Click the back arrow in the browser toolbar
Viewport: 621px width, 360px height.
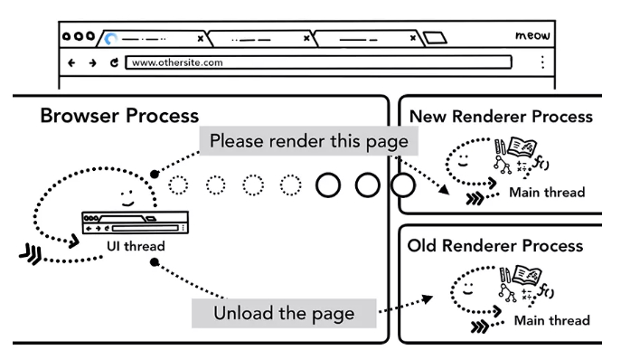click(x=71, y=62)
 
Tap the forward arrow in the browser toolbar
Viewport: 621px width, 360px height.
click(x=93, y=62)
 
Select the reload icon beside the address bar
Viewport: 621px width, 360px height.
click(x=114, y=62)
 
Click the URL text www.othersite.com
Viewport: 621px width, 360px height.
click(x=177, y=62)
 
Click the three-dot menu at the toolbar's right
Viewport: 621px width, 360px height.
click(x=542, y=62)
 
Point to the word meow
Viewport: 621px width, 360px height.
click(x=532, y=35)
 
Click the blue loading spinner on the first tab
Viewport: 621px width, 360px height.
click(x=111, y=39)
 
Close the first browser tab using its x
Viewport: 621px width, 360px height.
click(x=201, y=39)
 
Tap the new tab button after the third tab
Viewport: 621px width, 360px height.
click(x=435, y=38)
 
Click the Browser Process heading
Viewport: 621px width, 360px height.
click(x=119, y=116)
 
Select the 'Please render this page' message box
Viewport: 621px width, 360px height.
click(x=308, y=141)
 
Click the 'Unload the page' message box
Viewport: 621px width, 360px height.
click(x=284, y=313)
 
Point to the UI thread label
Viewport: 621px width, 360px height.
click(x=136, y=246)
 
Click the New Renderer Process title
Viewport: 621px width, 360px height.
click(x=501, y=117)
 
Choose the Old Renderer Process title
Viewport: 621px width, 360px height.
click(x=495, y=246)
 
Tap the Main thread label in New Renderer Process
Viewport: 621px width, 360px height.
click(x=547, y=193)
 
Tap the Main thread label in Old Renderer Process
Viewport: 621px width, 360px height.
click(x=552, y=320)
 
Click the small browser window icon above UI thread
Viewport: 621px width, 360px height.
click(x=135, y=223)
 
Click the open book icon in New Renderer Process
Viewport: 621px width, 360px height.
click(x=522, y=147)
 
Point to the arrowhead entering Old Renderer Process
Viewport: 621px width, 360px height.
click(x=427, y=298)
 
